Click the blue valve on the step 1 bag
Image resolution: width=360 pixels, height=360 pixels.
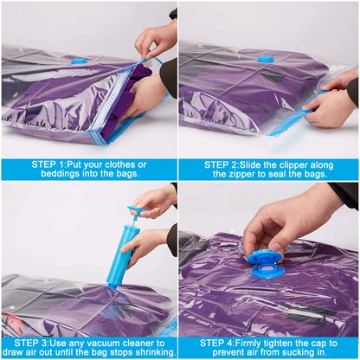coord(80,61)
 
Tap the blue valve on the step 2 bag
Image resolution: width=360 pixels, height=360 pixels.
coord(266,59)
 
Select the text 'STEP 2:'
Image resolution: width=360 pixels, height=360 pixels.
coord(228,164)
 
